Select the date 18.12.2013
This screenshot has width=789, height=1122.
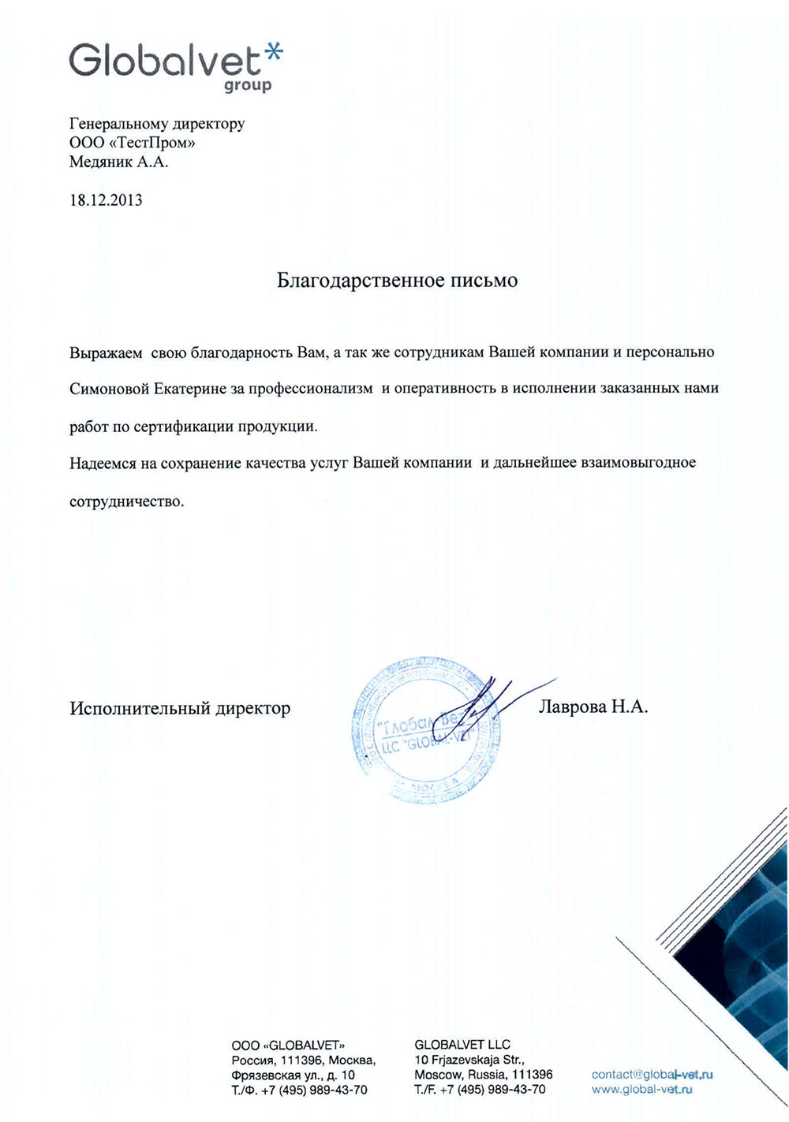106,199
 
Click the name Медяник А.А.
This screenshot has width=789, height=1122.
118,162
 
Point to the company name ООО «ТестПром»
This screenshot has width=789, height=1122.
133,144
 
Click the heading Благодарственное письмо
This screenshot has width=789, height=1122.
397,281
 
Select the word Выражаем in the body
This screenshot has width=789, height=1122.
104,352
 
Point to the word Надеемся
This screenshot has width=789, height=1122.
103,463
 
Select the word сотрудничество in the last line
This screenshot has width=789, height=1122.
126,501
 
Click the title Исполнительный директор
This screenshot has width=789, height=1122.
180,708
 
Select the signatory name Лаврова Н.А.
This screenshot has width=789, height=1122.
593,707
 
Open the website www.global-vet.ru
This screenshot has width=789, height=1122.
641,1089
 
